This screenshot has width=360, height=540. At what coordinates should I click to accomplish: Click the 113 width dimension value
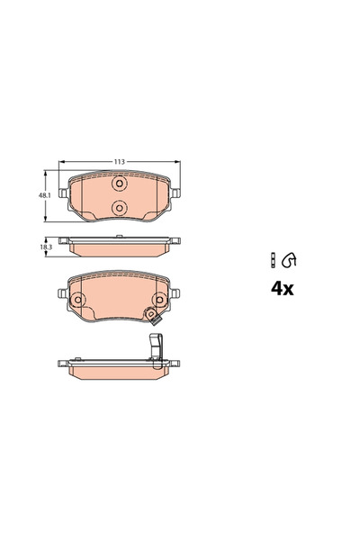click(119, 162)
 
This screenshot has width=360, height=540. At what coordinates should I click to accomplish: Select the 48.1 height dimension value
click(42, 194)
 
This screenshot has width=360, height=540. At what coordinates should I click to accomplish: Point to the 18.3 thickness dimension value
click(42, 245)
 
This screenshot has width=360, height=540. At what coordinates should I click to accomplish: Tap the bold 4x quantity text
click(283, 290)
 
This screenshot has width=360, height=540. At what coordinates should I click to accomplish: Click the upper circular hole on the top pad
click(119, 184)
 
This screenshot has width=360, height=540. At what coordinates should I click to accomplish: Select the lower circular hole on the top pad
click(119, 208)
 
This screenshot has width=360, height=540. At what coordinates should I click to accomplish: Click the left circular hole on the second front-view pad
click(77, 299)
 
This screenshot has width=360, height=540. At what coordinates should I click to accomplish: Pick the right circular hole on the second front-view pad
click(160, 299)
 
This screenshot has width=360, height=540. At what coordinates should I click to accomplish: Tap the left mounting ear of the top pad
click(60, 193)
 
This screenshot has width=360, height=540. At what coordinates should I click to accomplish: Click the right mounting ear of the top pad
click(177, 193)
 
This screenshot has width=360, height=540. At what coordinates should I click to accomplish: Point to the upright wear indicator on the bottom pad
click(154, 346)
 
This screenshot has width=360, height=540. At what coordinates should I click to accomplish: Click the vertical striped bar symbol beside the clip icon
click(272, 261)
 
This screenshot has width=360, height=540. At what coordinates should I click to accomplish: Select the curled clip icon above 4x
click(289, 261)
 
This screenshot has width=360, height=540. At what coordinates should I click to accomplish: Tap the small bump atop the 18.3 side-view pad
click(119, 238)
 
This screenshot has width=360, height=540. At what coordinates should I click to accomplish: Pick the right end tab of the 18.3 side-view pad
click(176, 241)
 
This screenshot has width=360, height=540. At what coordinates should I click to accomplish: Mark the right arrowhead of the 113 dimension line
click(176, 162)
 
